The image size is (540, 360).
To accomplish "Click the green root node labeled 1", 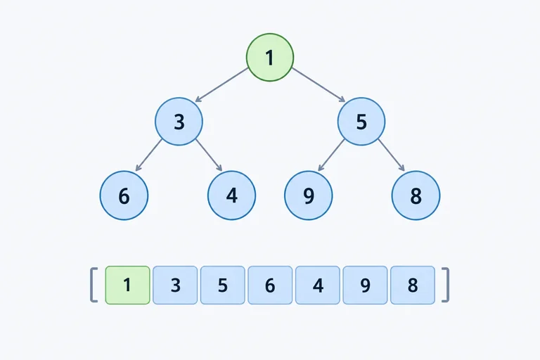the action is (x=270, y=57).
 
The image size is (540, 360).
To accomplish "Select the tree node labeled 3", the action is (x=179, y=121).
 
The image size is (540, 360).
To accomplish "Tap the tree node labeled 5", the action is (x=361, y=121).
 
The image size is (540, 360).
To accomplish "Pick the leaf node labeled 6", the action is (x=124, y=195).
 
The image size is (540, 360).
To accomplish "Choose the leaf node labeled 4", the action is (x=232, y=195).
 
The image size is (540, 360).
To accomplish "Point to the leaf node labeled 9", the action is (x=309, y=195).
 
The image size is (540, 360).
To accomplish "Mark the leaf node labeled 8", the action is (x=416, y=195).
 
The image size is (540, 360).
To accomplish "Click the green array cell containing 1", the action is (x=127, y=285).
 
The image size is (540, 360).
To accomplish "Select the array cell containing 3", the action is (x=175, y=285).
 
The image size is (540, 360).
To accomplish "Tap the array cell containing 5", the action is (x=223, y=285).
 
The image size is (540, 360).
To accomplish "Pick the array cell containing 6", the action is (x=270, y=285).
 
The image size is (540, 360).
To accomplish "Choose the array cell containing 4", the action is (x=318, y=285).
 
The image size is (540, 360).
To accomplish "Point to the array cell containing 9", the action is (x=366, y=285).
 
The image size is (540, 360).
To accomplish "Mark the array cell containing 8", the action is (x=413, y=285).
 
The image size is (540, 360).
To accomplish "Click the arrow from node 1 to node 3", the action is (x=221, y=85).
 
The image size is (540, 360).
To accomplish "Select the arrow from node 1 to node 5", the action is (x=319, y=85).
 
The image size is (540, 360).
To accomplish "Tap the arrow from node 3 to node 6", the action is (x=148, y=155).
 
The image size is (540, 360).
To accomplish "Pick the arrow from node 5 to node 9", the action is (x=331, y=155).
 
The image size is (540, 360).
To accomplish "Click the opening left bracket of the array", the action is (x=94, y=285).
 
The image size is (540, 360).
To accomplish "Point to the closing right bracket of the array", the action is (x=446, y=285).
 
